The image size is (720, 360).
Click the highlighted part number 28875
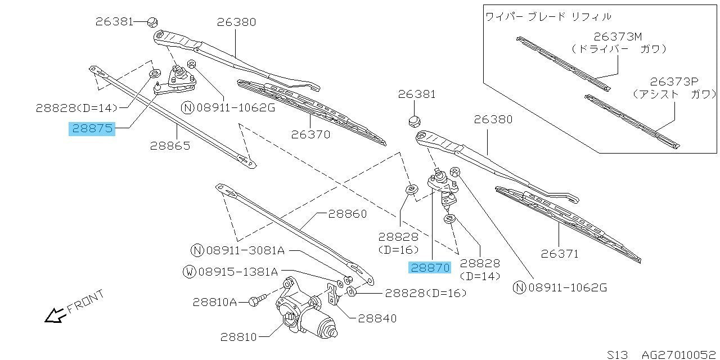pyautogui.click(x=92, y=129)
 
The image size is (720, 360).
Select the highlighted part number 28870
pyautogui.click(x=430, y=268)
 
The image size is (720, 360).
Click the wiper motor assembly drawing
pyautogui.click(x=307, y=315)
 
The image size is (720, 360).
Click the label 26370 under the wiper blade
pyautogui.click(x=310, y=134)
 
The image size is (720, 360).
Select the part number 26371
pyautogui.click(x=559, y=254)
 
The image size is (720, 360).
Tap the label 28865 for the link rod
pyautogui.click(x=170, y=145)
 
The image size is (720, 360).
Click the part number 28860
pyautogui.click(x=348, y=214)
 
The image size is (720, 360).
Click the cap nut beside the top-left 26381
pyautogui.click(x=151, y=22)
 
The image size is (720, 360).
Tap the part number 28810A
pyautogui.click(x=214, y=302)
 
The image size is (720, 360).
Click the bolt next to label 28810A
pyautogui.click(x=255, y=302)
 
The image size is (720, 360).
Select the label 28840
pyautogui.click(x=377, y=318)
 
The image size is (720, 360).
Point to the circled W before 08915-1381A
pyautogui.click(x=190, y=272)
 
